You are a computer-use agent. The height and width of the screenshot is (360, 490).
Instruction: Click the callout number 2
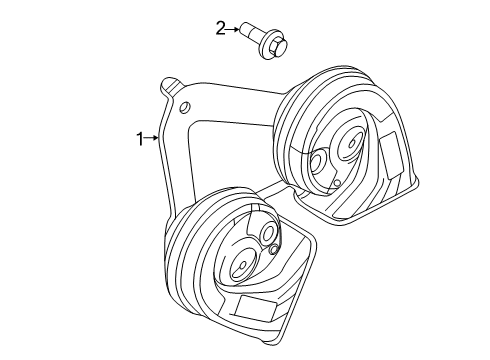221,29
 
